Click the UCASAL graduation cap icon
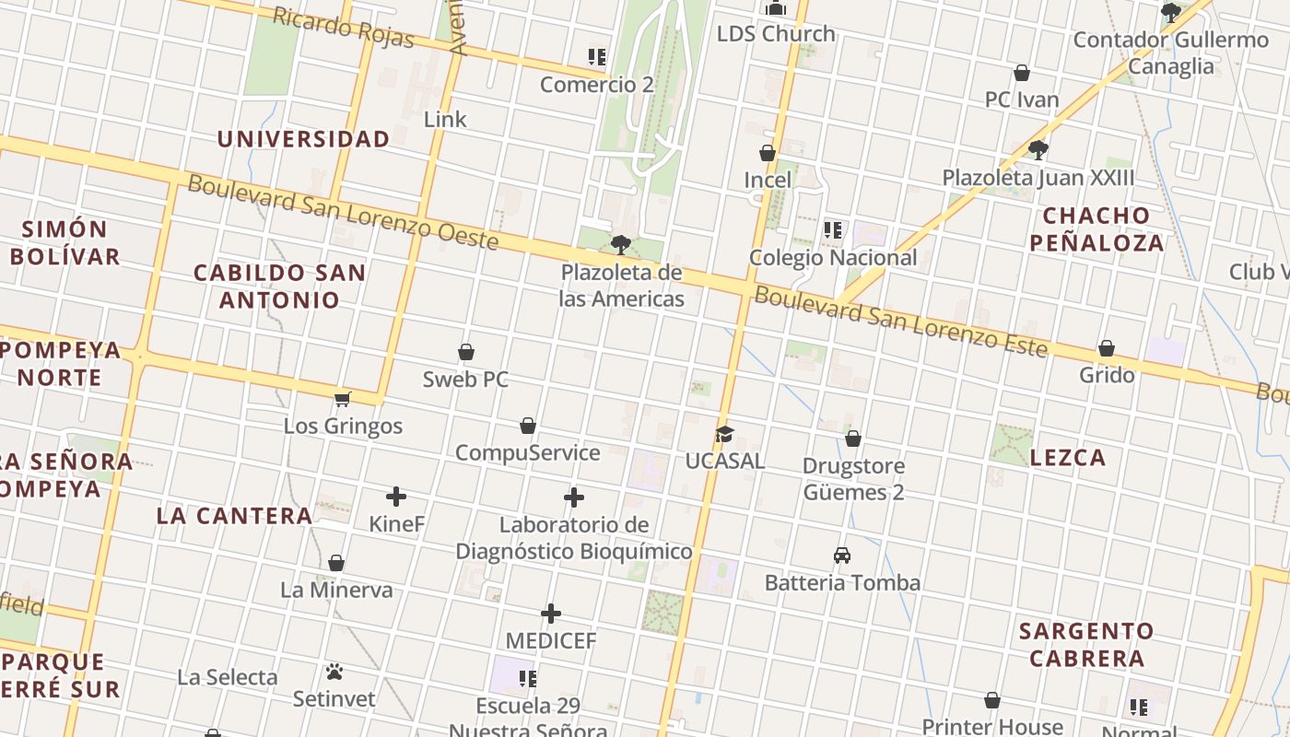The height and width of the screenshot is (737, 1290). [x=724, y=434]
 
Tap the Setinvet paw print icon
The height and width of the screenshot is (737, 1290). [x=334, y=673]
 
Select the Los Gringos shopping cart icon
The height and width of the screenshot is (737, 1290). [x=343, y=399]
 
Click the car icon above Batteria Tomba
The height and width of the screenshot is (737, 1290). [x=842, y=556]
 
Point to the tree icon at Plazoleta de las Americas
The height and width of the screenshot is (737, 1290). [x=621, y=245]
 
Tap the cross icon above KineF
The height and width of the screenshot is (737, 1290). [x=396, y=497]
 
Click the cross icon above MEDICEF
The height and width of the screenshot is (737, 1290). [x=551, y=614]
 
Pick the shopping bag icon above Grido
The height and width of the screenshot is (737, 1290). [x=1107, y=348]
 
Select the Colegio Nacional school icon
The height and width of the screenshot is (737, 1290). [x=833, y=230]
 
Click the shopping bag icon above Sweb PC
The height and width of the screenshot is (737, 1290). [x=466, y=352]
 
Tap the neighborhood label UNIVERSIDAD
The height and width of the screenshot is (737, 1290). [x=303, y=139]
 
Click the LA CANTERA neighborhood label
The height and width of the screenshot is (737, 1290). [x=235, y=516]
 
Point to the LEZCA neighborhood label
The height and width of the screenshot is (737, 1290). [x=1068, y=458]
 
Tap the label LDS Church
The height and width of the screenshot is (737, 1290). [x=776, y=34]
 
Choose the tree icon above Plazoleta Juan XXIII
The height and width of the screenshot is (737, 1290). [x=1038, y=149]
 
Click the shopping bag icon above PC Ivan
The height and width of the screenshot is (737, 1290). [x=1022, y=73]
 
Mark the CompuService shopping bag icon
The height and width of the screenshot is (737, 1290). [x=528, y=426]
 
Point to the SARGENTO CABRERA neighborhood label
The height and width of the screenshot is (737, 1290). [x=1086, y=645]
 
